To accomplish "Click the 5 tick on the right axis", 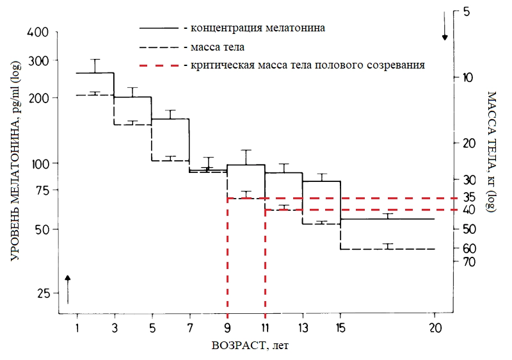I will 465,12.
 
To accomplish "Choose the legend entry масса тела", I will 217,47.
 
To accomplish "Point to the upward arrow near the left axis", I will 68,288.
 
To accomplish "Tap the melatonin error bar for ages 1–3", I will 95,65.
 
